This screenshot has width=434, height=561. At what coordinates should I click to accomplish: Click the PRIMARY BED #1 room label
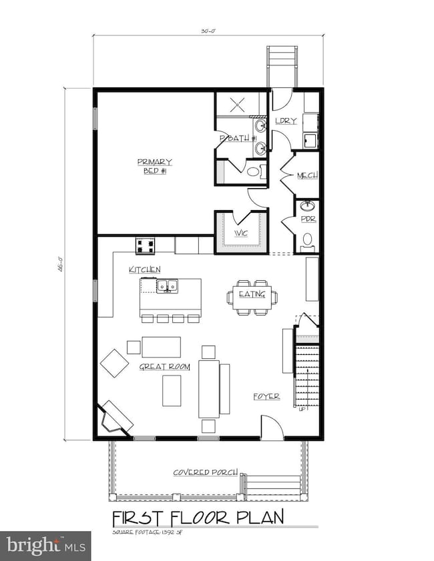tap(155, 165)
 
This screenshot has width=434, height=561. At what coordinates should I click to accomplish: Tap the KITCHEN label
tap(144, 269)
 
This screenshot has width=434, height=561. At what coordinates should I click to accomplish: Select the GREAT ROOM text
tap(164, 366)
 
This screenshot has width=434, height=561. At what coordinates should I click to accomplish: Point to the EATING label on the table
tap(252, 294)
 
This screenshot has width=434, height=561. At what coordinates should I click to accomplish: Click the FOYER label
tap(266, 396)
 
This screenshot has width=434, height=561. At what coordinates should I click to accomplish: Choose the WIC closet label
tap(241, 233)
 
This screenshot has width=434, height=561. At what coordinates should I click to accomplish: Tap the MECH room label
tap(307, 175)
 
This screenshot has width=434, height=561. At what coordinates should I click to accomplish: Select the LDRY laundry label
tap(285, 121)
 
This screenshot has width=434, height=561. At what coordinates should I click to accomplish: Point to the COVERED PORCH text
tap(206, 472)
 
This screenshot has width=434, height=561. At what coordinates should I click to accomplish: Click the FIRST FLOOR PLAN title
tap(198, 517)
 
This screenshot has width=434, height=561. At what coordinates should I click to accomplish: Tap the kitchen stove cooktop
tap(146, 245)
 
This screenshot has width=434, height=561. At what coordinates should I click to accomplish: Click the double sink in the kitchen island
tap(167, 287)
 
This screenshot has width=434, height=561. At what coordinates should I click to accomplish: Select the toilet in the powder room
tap(308, 240)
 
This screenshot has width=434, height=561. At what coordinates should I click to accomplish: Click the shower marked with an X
tap(239, 105)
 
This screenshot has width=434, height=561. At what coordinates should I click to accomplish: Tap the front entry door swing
tap(270, 427)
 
